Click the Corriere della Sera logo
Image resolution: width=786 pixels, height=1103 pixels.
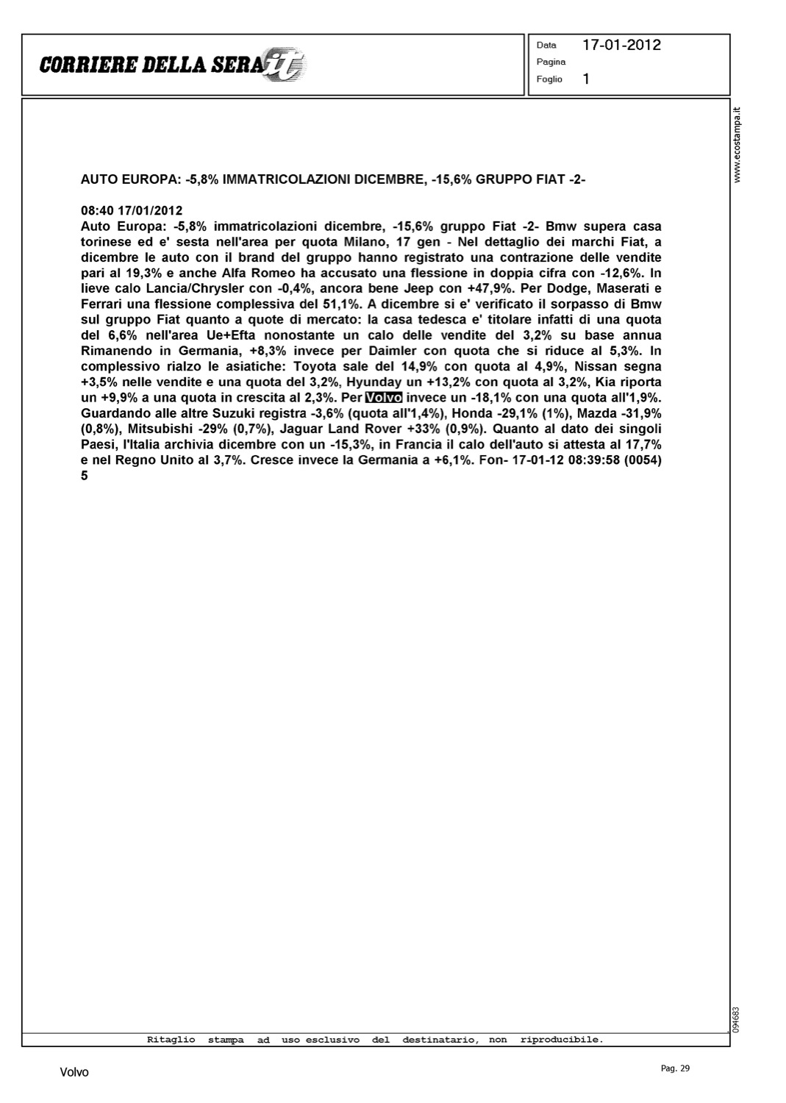pyautogui.click(x=173, y=65)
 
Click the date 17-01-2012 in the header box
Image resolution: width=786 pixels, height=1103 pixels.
pyautogui.click(x=621, y=45)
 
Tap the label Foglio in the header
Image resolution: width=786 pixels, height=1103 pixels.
pyautogui.click(x=549, y=79)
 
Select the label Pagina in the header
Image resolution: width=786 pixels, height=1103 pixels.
pyautogui.click(x=551, y=62)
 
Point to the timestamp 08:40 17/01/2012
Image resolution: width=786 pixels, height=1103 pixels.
pyautogui.click(x=132, y=210)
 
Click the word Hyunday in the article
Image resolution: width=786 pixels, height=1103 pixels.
pyautogui.click(x=374, y=382)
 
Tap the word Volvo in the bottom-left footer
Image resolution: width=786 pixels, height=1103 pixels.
pyautogui.click(x=74, y=1072)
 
